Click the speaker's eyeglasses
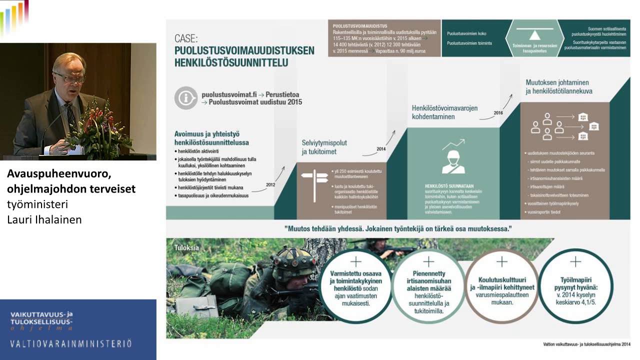point(69,77)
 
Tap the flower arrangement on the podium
point(100,125)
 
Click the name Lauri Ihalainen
point(44,219)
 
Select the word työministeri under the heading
point(37,204)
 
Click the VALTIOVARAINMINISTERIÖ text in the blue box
point(71,343)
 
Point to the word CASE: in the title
point(186,38)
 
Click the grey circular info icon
point(186,98)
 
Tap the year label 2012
point(270,184)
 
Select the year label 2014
point(381,148)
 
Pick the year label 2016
point(498,112)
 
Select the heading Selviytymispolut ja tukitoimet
point(324,147)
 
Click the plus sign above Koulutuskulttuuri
point(501,262)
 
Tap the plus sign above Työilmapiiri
point(575,261)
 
